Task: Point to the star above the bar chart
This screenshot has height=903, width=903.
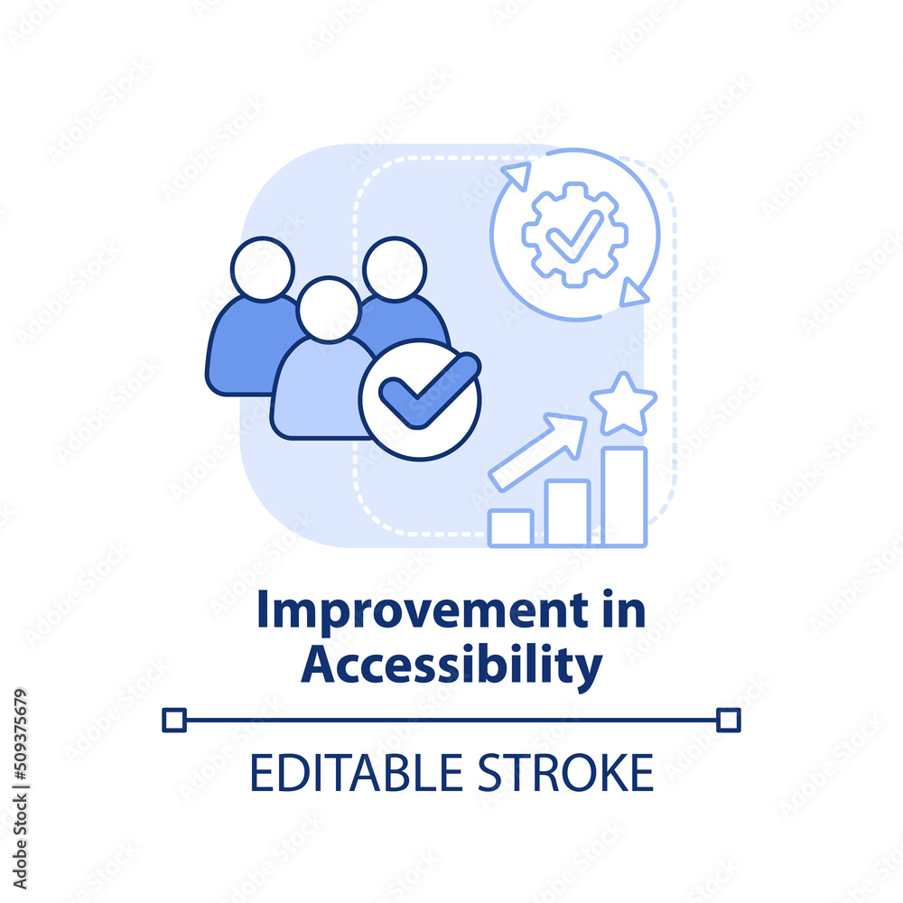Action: pyautogui.click(x=623, y=405)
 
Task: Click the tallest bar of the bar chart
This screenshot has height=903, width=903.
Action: pyautogui.click(x=624, y=497)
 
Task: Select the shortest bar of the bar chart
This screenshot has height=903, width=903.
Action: pyautogui.click(x=510, y=527)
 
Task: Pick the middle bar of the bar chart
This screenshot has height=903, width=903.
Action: pyautogui.click(x=567, y=513)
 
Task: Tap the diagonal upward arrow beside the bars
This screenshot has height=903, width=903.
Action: pyautogui.click(x=538, y=451)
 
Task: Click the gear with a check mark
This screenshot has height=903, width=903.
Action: pyautogui.click(x=574, y=235)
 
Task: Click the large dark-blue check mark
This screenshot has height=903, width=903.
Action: pyautogui.click(x=430, y=390)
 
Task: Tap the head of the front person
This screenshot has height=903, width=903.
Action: pyautogui.click(x=329, y=309)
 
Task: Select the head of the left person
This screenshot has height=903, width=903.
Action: pyautogui.click(x=263, y=269)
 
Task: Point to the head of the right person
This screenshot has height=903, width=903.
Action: pyautogui.click(x=395, y=269)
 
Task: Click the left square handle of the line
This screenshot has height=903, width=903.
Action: pyautogui.click(x=174, y=720)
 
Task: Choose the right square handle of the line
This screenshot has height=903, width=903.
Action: pyautogui.click(x=729, y=720)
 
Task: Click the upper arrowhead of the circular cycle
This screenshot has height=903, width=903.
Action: pyautogui.click(x=517, y=175)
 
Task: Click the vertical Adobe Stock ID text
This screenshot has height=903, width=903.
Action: pyautogui.click(x=20, y=789)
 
